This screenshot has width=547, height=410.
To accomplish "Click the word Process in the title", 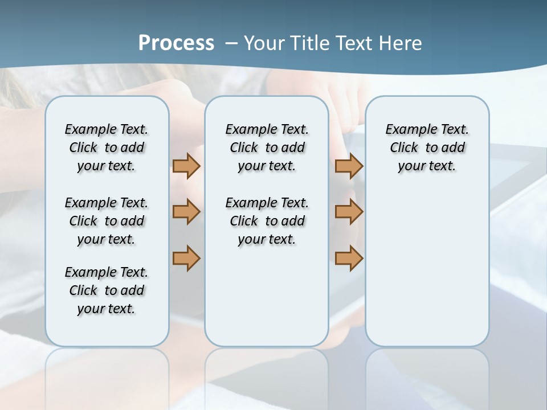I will coord(176,43).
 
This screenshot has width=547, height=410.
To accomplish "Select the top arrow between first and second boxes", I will coord(186,166).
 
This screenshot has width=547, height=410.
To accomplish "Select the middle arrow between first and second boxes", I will coord(186,212).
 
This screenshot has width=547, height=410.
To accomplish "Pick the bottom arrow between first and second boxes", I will coord(186,258).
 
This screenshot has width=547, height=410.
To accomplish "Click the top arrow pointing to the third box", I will coord(349,166).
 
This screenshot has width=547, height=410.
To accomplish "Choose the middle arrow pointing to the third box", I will coord(349,212).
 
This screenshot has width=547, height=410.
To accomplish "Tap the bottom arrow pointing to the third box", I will coord(349,258).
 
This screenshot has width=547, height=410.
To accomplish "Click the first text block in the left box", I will coord(107,147).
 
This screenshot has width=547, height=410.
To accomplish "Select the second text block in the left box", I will coord(107,221).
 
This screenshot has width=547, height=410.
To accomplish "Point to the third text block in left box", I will coord(107,290).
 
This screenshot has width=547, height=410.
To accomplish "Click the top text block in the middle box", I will coord(267,147).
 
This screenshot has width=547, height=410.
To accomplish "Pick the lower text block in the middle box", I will coord(267,221).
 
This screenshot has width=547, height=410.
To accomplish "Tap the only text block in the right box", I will coord(427,147).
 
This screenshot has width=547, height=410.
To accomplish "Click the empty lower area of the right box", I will coord(427,273).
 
